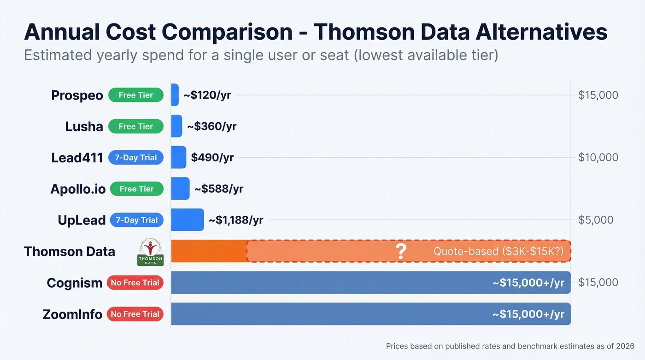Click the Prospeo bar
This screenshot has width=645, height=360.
tap(175, 95)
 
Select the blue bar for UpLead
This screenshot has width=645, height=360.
tap(187, 220)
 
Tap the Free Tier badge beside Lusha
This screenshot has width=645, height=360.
tap(136, 126)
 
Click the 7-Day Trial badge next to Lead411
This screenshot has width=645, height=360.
tap(136, 158)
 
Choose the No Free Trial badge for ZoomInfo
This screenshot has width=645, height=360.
tap(135, 314)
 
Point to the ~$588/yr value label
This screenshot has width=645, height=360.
tap(219, 189)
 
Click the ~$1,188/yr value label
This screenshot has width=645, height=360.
tap(236, 220)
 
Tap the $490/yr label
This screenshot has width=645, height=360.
tap(212, 158)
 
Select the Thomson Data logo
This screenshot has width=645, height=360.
tap(150, 253)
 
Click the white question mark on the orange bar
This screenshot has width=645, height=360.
tap(401, 251)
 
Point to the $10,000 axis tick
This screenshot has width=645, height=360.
tap(598, 158)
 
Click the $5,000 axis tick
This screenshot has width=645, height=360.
tap(596, 220)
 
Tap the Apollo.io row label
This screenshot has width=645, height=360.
tap(78, 189)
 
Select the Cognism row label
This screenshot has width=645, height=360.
tap(74, 283)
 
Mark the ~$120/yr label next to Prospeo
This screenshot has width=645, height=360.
tap(207, 95)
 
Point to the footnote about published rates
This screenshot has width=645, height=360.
tap(510, 346)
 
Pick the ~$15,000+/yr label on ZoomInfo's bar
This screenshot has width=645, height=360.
tap(528, 314)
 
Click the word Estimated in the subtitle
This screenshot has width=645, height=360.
tap(58, 55)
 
